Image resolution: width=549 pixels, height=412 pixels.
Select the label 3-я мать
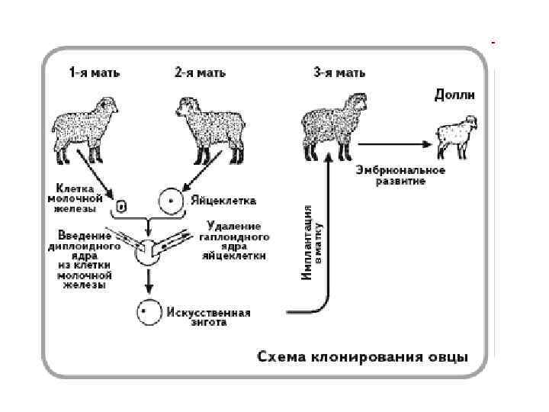click(x=339, y=73)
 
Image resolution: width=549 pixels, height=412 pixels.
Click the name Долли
click(x=454, y=95)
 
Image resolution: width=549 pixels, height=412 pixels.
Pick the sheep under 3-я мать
click(x=335, y=124)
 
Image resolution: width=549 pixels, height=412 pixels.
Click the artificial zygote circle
click(x=149, y=312)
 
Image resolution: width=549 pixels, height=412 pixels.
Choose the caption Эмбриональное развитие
click(x=390, y=177)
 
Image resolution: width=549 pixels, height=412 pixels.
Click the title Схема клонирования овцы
click(x=362, y=357)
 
